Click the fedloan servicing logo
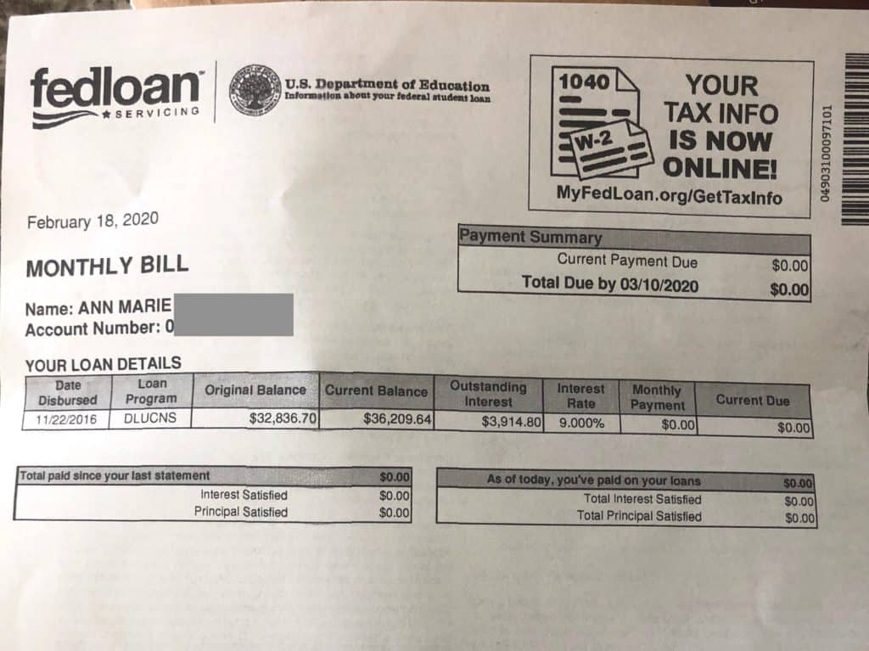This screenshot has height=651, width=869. [115, 95]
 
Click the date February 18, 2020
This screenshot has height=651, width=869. [93, 222]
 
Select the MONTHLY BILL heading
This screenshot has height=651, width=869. [107, 267]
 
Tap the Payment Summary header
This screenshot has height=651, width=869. [530, 238]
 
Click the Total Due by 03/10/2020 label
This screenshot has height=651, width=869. [610, 283]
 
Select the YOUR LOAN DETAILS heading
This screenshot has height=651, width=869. [103, 363]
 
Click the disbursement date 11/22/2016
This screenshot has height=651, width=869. [66, 419]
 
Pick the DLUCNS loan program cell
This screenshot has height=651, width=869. [150, 419]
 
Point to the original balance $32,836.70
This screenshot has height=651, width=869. [283, 418]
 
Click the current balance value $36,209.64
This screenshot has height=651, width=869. [397, 418]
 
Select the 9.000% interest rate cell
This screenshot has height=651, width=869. [581, 422]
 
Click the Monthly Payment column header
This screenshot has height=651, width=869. [657, 397]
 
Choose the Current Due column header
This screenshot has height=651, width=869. [752, 401]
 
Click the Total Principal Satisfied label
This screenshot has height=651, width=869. [639, 516]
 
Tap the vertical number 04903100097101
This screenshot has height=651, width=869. [827, 153]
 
